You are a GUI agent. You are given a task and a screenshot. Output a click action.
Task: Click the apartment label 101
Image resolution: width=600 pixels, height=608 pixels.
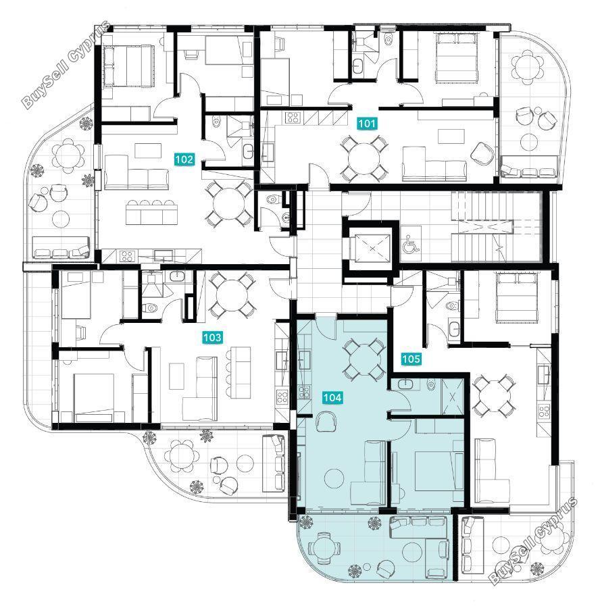[x=366, y=124]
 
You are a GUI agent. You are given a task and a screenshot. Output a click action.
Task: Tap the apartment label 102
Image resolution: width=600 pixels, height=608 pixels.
[x=184, y=159]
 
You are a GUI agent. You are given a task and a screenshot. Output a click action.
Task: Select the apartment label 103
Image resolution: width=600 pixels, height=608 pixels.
[x=212, y=337]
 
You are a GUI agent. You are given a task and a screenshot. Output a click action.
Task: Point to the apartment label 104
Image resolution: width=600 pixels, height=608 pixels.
[x=332, y=397]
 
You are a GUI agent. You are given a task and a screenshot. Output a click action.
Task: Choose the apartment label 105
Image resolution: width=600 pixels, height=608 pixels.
[x=411, y=359]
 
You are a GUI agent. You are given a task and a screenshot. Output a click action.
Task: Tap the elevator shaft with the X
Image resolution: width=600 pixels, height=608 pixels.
[x=372, y=248]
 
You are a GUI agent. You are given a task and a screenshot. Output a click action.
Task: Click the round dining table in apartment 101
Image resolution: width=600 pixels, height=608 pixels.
[x=364, y=158]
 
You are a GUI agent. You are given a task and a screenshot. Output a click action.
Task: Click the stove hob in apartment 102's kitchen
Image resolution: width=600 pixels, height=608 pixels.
[x=127, y=256]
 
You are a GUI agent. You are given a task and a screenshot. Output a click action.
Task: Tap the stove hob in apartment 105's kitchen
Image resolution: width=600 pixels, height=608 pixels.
[x=544, y=411]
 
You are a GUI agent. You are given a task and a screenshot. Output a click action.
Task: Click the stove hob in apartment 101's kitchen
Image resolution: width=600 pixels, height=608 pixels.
[x=293, y=118]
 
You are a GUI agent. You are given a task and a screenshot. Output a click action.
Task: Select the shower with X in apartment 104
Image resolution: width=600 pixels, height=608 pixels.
[x=453, y=397]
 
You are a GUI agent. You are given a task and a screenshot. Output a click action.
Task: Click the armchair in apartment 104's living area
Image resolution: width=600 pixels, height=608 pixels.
[x=326, y=422]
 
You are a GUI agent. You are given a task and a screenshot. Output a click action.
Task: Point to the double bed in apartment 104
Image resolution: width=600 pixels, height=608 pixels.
[x=434, y=470]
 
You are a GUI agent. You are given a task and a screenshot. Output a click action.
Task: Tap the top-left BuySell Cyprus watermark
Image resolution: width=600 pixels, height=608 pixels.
[x=66, y=64]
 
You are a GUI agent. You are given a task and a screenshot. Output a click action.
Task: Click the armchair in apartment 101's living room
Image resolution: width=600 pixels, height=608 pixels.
[x=482, y=153]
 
